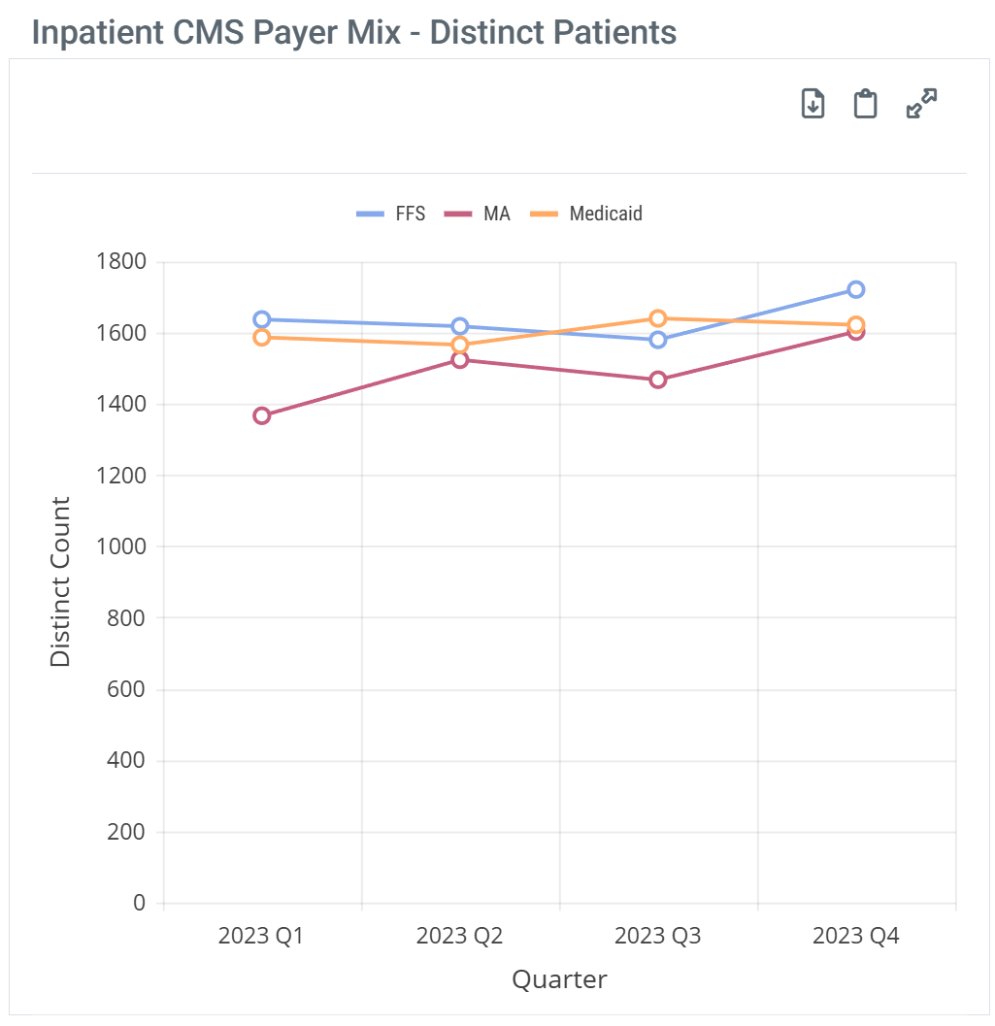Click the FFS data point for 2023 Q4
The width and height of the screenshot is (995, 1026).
coord(855,289)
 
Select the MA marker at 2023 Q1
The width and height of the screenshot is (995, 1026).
coord(261,415)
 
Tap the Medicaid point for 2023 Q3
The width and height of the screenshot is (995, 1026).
coord(657,318)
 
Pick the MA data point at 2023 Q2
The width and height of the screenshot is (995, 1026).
coord(459,360)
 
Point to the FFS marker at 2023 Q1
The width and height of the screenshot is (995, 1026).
coord(261,319)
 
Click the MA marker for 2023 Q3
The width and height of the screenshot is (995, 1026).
coord(657,380)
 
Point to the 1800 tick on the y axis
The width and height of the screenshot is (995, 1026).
coord(121,262)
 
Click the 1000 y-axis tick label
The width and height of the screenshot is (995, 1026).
coord(121,546)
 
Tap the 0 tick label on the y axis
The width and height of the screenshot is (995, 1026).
coord(139,903)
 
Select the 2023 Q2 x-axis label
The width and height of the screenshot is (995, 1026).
coord(459,937)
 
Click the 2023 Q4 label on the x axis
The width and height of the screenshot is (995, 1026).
coord(855,937)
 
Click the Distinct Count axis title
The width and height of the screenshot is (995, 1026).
coord(60,582)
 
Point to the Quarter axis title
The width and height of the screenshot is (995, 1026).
coord(559,979)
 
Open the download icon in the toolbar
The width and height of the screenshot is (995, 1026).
coord(813,104)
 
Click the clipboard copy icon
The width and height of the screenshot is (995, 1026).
coord(865,104)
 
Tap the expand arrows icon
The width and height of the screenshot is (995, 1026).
coord(921,104)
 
